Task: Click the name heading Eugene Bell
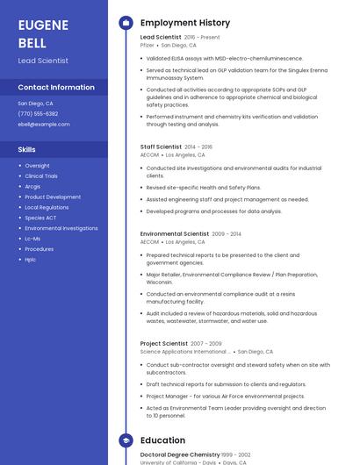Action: click(x=43, y=32)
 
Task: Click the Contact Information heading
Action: click(x=56, y=87)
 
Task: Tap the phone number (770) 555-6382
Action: click(x=38, y=113)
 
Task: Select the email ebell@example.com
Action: click(x=44, y=124)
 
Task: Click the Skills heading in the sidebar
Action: click(x=26, y=149)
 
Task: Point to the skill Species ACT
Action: click(x=40, y=218)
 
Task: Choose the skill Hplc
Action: click(x=31, y=260)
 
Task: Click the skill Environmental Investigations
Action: click(x=61, y=228)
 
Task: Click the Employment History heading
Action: click(x=185, y=23)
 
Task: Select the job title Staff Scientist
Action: click(x=161, y=147)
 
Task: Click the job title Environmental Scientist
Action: click(x=175, y=234)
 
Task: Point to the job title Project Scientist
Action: click(x=163, y=343)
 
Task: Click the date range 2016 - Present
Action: click(x=202, y=38)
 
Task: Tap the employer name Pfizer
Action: click(x=148, y=45)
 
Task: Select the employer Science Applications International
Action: click(x=185, y=351)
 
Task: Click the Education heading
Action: click(x=162, y=440)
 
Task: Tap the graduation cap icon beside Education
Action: click(x=125, y=440)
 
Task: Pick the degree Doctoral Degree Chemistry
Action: click(x=180, y=454)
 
